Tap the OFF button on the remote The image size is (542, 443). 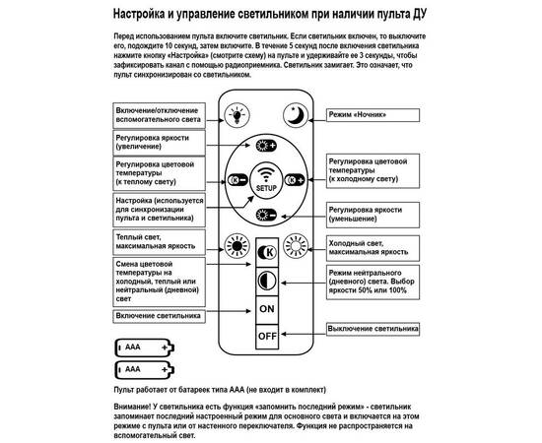(266, 335)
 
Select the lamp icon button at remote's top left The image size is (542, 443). (237, 115)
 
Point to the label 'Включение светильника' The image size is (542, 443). (158, 315)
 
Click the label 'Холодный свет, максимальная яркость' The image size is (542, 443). (374, 247)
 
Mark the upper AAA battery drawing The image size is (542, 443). (144, 348)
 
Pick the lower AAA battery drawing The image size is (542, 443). (144, 370)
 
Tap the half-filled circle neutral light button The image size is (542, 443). (266, 280)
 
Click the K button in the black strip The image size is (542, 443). (266, 252)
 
